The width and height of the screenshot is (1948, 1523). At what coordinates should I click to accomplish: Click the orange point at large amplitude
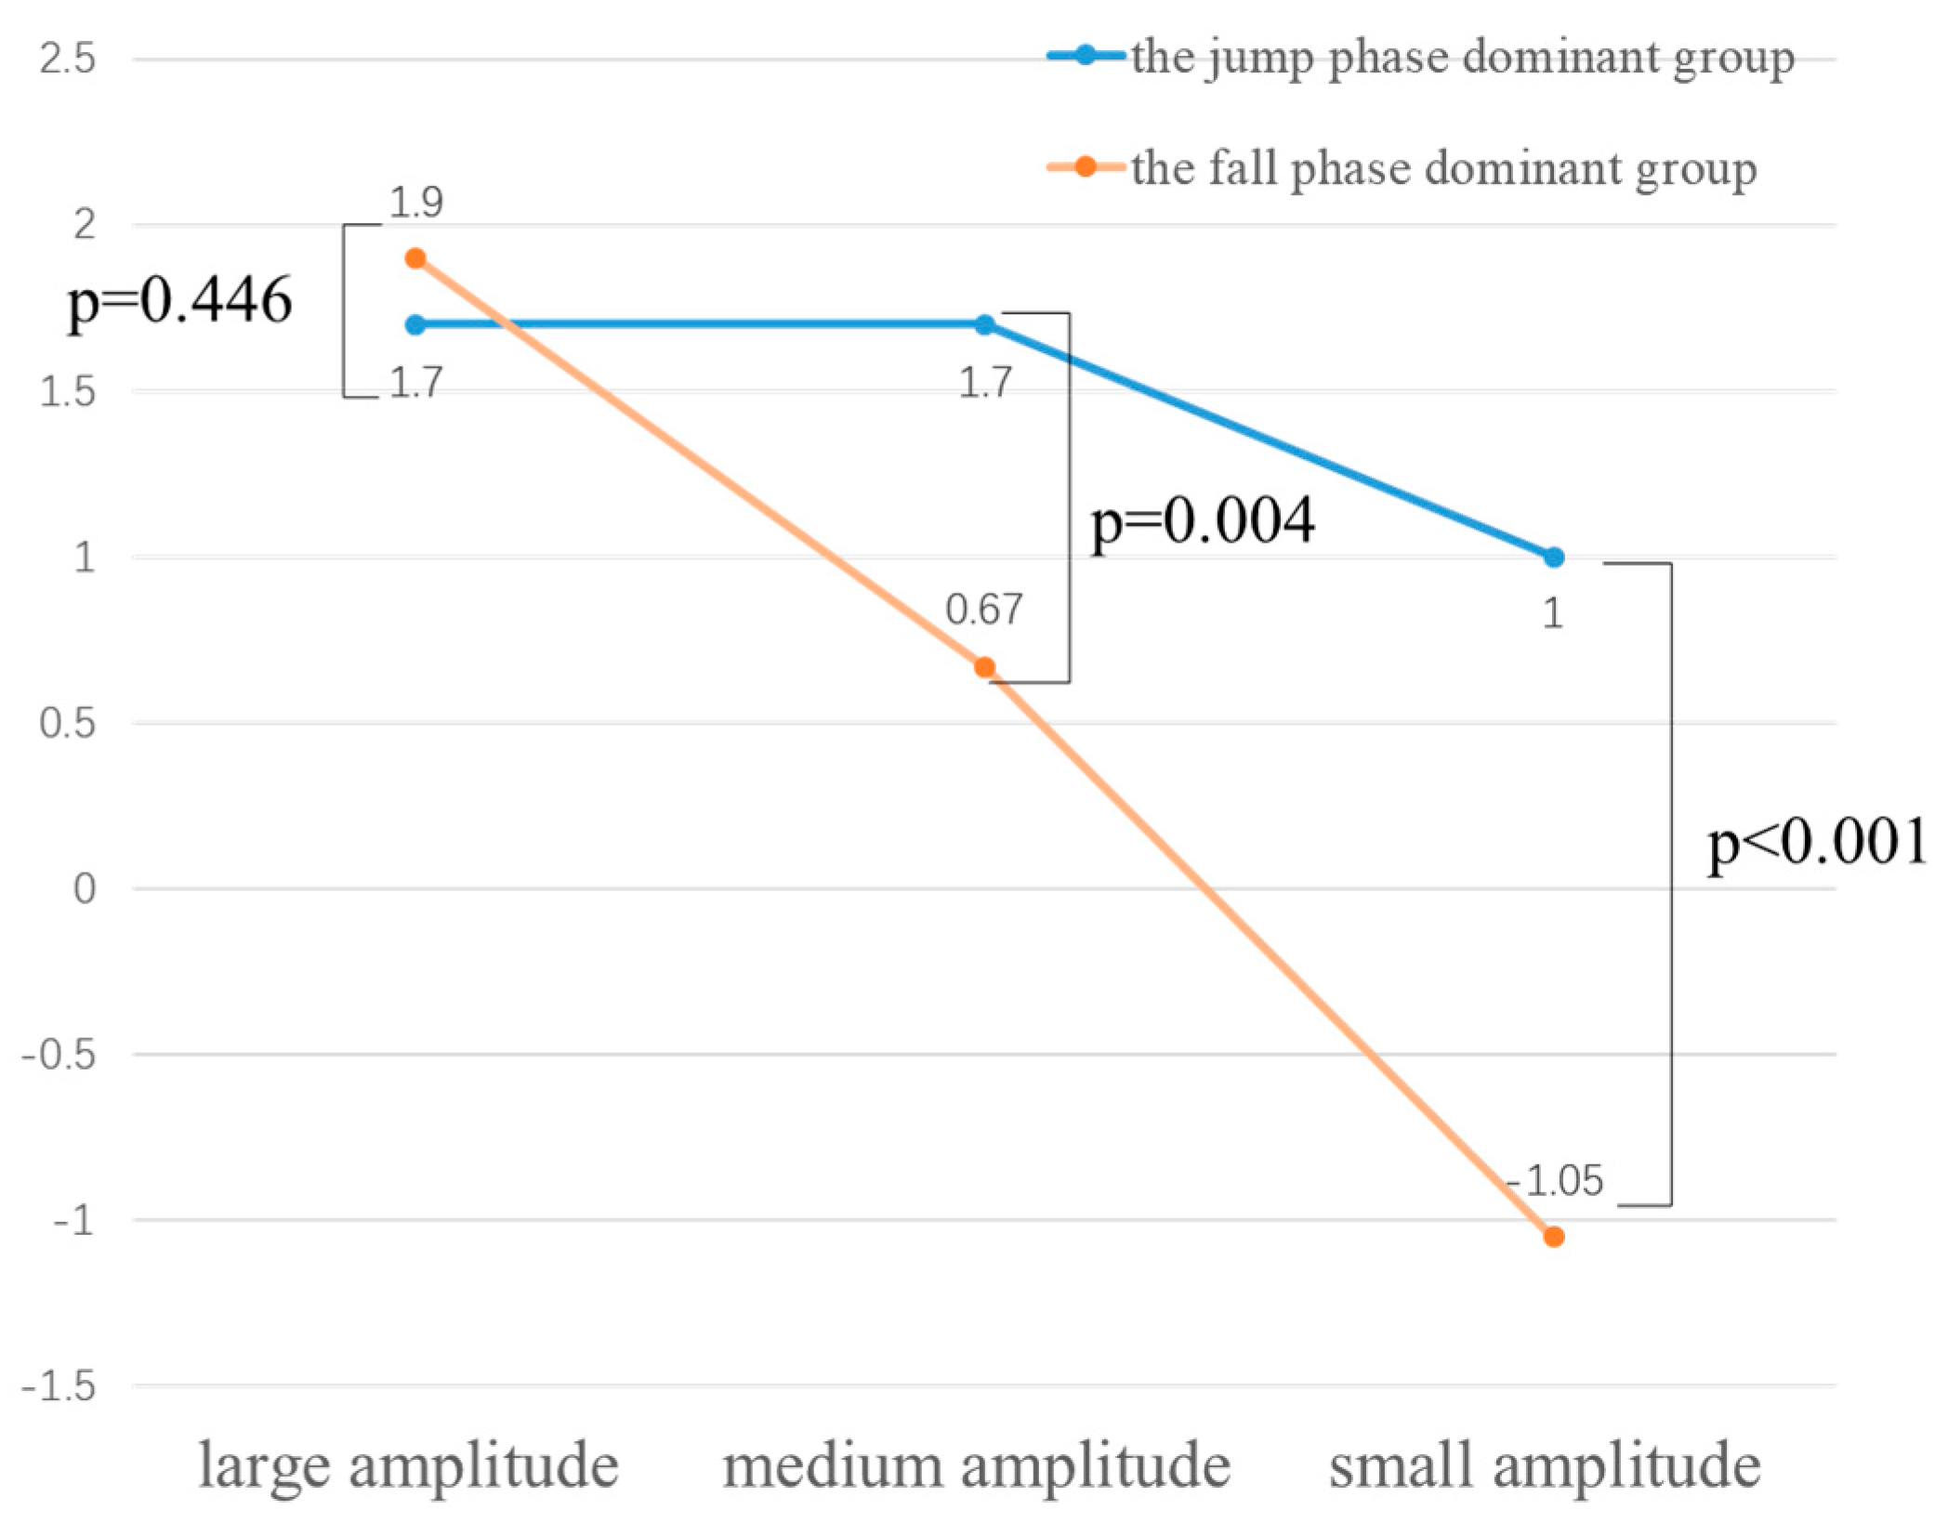415,258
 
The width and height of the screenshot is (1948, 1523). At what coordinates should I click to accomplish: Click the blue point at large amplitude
415,325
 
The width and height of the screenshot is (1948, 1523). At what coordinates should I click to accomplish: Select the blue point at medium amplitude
985,325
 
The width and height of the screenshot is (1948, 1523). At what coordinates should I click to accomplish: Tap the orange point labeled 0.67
985,667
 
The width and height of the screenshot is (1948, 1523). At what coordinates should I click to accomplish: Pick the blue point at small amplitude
1554,558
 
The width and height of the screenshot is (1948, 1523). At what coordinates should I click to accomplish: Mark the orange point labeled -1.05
1554,1237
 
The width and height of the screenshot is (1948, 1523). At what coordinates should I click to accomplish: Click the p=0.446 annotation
179,301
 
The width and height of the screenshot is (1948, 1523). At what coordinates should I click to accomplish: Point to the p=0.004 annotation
1203,520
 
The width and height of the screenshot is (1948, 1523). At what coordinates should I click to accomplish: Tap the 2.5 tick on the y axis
68,59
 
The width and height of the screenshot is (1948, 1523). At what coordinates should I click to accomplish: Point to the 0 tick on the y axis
84,889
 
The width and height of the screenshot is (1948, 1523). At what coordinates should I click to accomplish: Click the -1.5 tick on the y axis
59,1387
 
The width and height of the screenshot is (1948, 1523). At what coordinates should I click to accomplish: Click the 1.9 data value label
415,203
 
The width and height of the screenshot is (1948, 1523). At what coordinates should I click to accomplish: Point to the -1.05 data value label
1556,1181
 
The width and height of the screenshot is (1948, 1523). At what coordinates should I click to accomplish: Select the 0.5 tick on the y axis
68,723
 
